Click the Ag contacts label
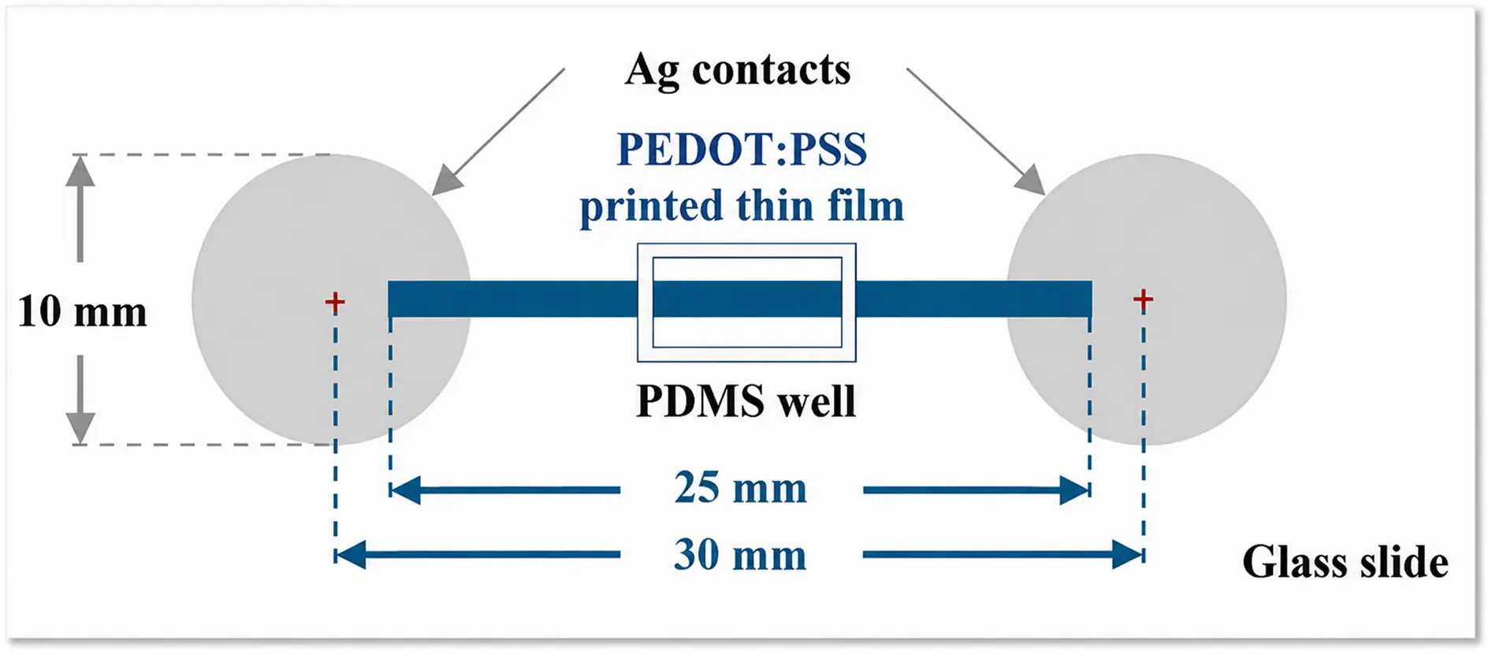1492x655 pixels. pos(738,71)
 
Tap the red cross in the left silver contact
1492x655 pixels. pos(335,302)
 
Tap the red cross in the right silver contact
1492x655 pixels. pos(1143,299)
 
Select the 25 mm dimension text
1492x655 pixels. pos(741,488)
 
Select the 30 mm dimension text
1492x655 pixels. pos(741,555)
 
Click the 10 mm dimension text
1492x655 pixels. pos(82,311)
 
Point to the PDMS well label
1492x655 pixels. pos(746,401)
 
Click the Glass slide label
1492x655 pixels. pos(1345,563)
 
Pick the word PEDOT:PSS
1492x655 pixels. pos(742,149)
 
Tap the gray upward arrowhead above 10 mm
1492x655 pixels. pos(80,170)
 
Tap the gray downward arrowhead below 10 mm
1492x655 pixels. pos(80,428)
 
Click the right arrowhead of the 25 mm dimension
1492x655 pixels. pos(1075,490)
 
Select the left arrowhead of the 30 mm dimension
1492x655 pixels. pos(351,555)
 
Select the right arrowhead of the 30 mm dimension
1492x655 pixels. pos(1128,555)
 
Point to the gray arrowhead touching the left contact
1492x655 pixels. pos(446,180)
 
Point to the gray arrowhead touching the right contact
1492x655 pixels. pos(1031,180)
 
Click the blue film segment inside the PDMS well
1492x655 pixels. pos(747,299)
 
